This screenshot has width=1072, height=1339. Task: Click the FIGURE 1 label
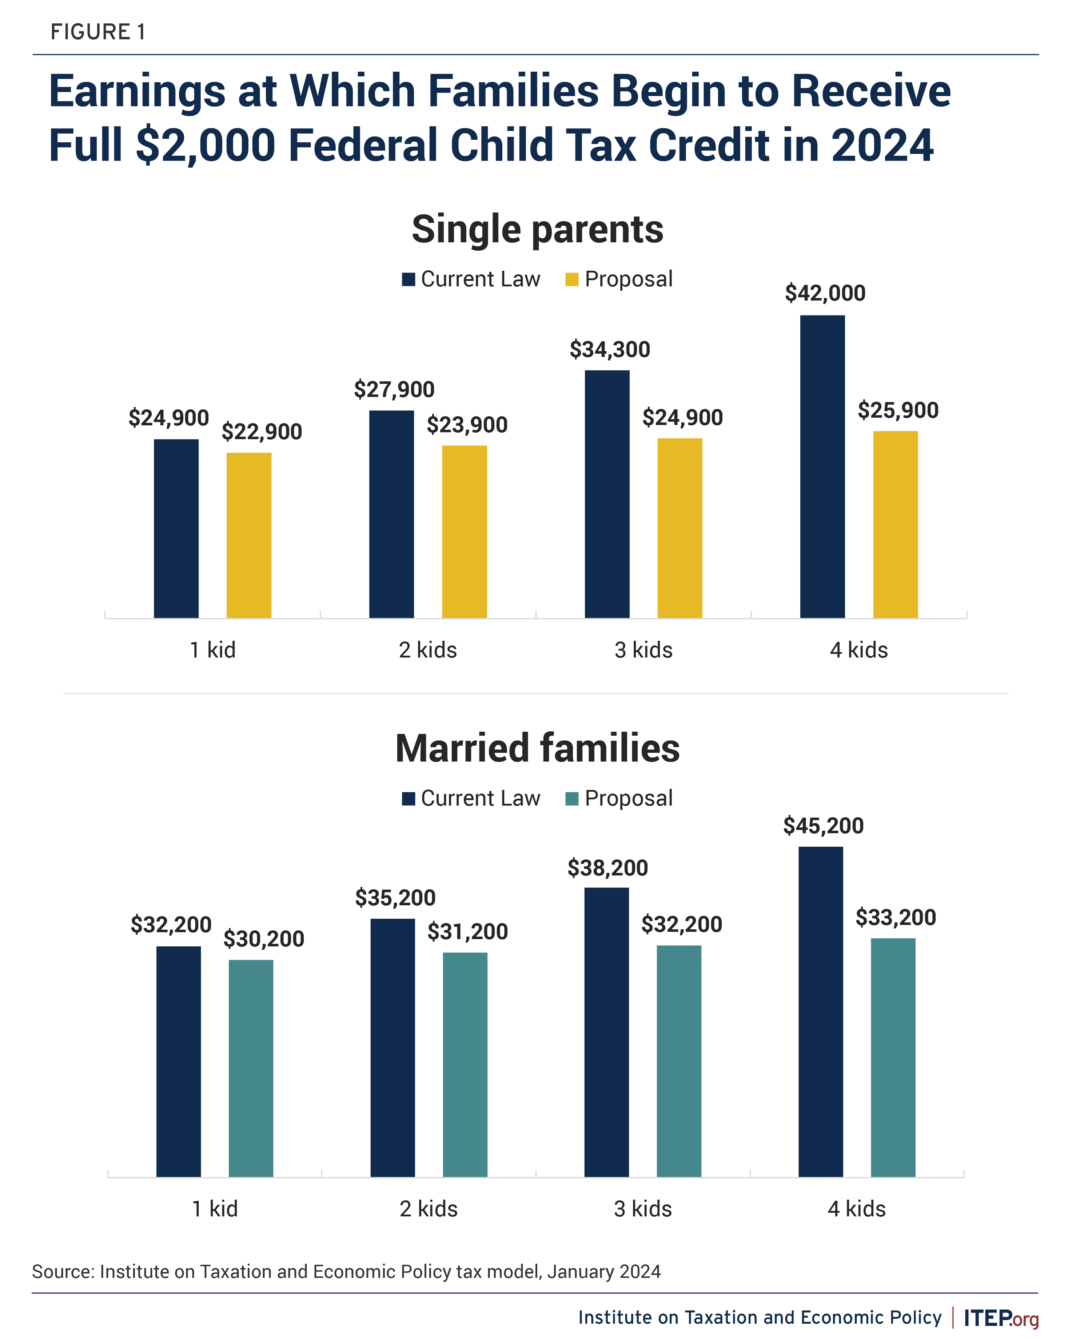click(x=98, y=32)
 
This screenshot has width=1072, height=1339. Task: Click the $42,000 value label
click(x=825, y=293)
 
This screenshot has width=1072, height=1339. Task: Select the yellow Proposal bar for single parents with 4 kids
click(x=895, y=524)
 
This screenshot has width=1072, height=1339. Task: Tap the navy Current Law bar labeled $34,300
click(x=607, y=494)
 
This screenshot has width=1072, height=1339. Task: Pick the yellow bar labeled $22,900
click(x=249, y=535)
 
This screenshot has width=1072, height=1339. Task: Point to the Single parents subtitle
click(x=538, y=229)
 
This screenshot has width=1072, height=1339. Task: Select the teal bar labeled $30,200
click(x=251, y=1068)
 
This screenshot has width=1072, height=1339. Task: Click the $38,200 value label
click(x=608, y=867)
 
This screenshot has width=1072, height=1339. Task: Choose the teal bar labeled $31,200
click(x=465, y=1065)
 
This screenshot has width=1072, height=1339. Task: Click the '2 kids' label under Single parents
click(x=428, y=650)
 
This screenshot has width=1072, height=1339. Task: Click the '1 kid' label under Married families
click(x=215, y=1209)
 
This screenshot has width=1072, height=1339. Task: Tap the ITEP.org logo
click(x=1001, y=1318)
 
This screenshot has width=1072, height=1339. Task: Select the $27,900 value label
click(x=394, y=389)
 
